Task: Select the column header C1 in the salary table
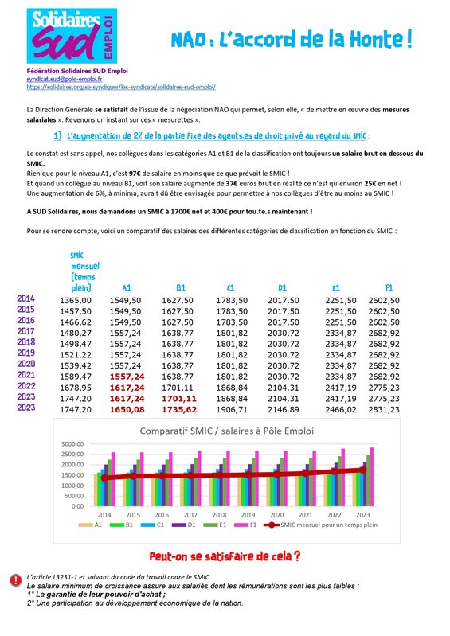230,287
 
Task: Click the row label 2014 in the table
26,298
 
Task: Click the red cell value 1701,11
178,397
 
